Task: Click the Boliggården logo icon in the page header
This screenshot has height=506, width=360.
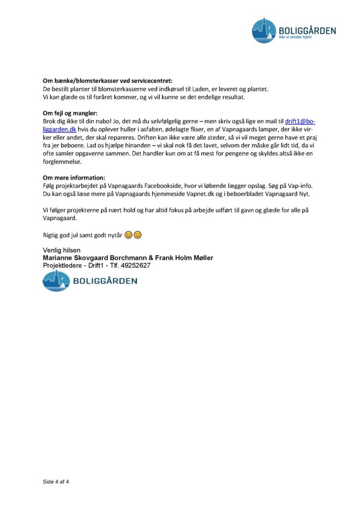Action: pos(265,30)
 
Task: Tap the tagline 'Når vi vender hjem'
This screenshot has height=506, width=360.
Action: pos(296,38)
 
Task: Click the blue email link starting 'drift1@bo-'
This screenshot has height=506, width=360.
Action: pos(300,122)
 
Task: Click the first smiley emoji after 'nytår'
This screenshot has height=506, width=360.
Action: pos(128,235)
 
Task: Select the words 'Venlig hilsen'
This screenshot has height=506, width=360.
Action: pos(62,250)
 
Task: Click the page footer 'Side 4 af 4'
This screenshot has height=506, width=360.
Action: pos(55,481)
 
